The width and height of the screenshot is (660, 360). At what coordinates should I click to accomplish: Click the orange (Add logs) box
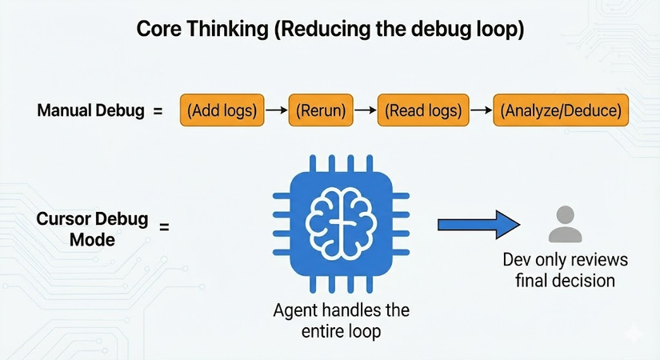(x=222, y=111)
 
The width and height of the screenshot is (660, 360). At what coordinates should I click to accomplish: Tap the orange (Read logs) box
(x=422, y=111)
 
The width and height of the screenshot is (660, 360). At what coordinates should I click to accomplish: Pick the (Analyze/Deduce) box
(x=561, y=111)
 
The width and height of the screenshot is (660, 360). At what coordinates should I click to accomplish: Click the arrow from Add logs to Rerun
(x=276, y=111)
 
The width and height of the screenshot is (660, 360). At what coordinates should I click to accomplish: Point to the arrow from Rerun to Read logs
(x=366, y=111)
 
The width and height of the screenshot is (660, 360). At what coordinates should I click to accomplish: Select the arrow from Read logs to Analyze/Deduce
(x=480, y=111)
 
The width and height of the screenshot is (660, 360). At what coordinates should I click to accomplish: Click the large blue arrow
(x=478, y=226)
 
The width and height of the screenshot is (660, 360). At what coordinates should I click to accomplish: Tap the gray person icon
(x=565, y=225)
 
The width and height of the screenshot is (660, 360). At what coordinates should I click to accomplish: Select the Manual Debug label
(x=90, y=111)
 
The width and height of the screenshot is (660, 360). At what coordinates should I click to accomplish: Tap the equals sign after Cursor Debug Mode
(x=164, y=227)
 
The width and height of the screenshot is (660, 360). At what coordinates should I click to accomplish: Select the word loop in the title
(x=502, y=30)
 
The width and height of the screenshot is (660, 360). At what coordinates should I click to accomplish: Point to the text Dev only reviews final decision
(x=565, y=270)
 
